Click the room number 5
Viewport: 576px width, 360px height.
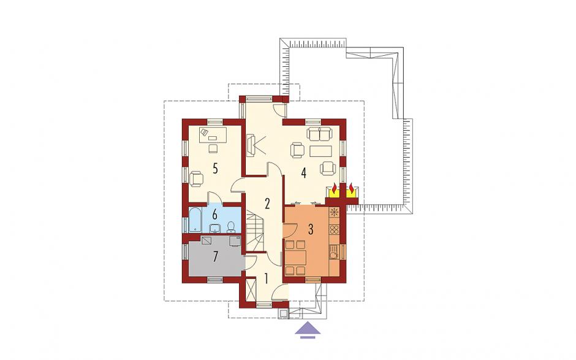click(215, 169)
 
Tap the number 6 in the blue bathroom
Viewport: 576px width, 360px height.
click(215, 213)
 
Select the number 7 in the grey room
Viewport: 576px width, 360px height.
click(215, 256)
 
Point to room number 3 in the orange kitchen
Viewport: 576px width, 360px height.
click(311, 229)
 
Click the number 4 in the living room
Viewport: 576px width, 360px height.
click(303, 172)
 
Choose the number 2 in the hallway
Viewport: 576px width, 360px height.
click(267, 204)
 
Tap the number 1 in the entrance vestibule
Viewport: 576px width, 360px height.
click(265, 278)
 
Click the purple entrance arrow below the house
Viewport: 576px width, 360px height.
click(308, 329)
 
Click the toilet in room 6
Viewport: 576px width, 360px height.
click(231, 228)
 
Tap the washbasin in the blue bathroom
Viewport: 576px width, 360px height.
click(215, 229)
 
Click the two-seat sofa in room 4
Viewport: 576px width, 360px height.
click(319, 134)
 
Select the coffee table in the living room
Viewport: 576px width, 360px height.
click(320, 151)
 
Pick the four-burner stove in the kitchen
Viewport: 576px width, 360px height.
click(335, 230)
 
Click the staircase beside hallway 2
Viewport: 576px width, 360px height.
click(256, 231)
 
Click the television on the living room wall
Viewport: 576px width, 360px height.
click(251, 145)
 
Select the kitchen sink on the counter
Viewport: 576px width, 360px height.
click(333, 254)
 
